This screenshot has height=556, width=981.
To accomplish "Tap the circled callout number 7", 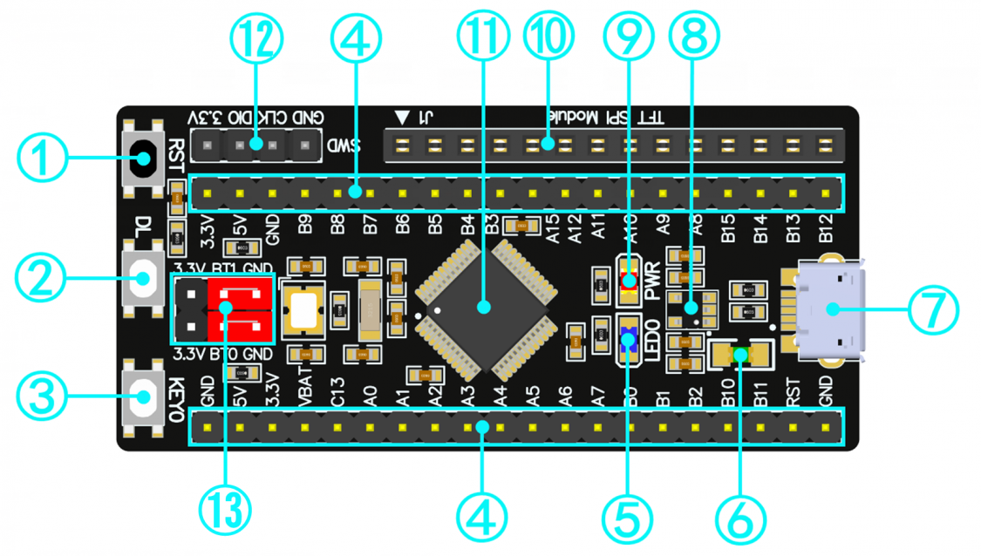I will (x=933, y=309).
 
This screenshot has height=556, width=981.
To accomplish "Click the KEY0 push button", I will (x=144, y=400).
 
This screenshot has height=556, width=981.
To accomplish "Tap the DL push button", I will (x=144, y=280).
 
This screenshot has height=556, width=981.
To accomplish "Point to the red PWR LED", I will (x=628, y=281).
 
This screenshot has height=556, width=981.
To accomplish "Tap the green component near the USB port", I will (x=741, y=355).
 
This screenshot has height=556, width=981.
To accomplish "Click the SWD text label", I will (x=344, y=146).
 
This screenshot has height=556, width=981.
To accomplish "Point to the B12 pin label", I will (x=826, y=229).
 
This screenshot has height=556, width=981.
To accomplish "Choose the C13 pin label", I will (x=337, y=391).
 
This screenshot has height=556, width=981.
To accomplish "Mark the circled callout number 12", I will (x=256, y=38).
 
